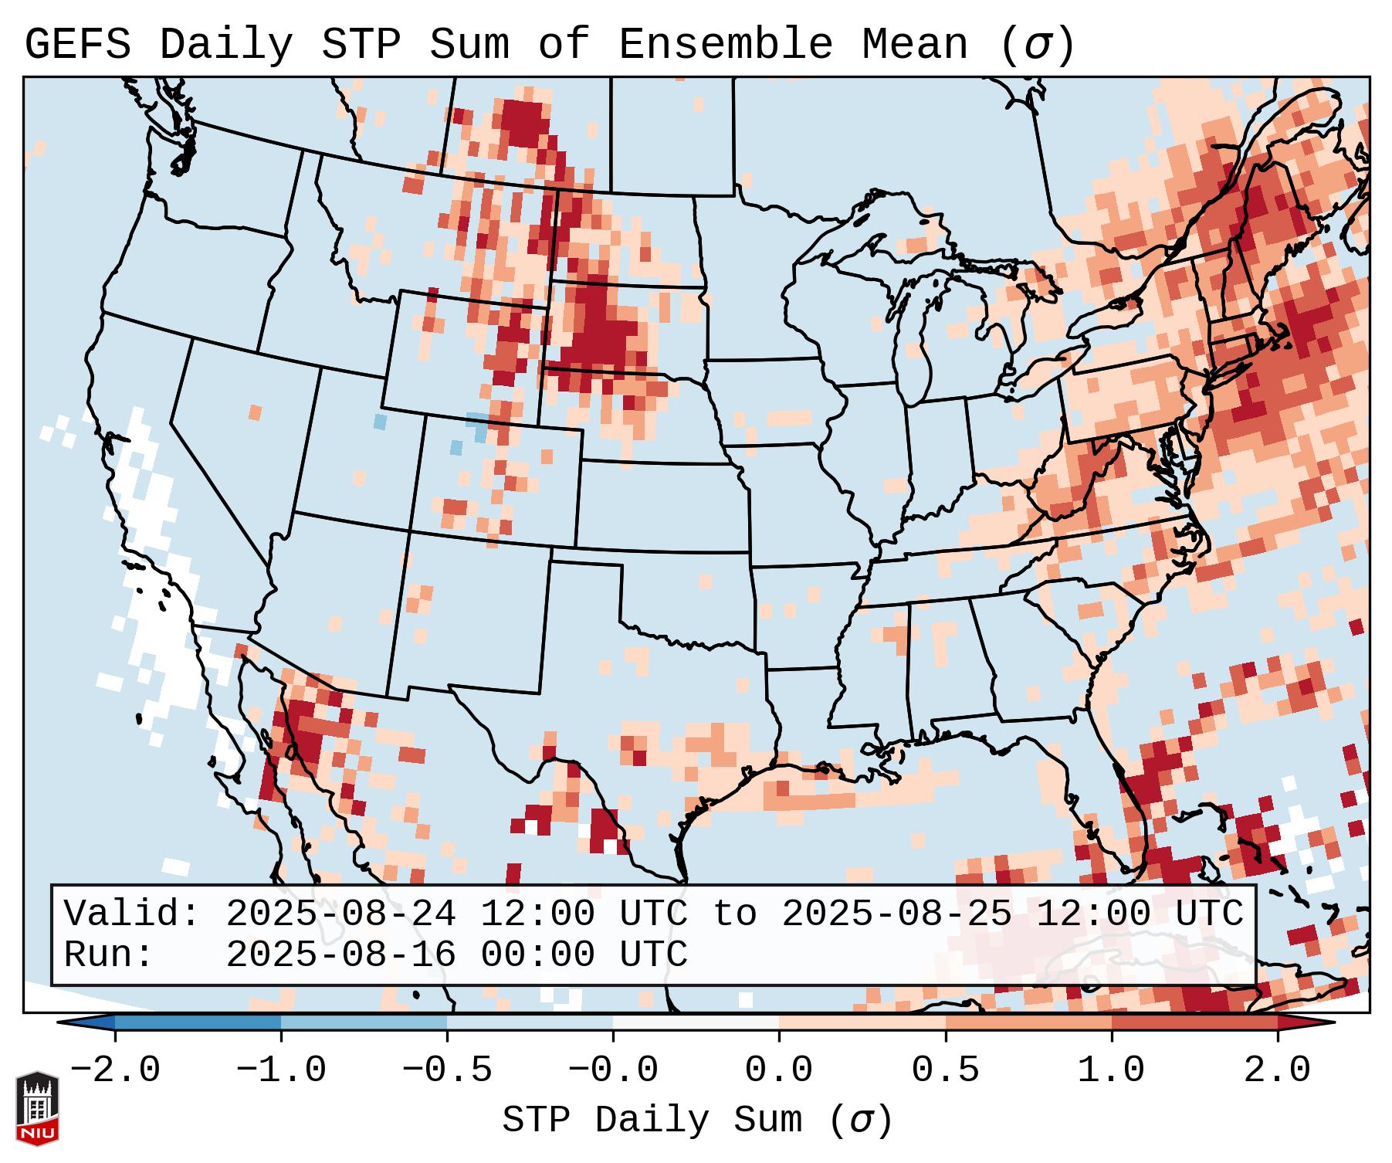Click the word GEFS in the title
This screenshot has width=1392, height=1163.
pyautogui.click(x=77, y=45)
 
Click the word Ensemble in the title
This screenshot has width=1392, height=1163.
pyautogui.click(x=725, y=45)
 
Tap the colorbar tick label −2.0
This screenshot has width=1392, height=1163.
pyautogui.click(x=115, y=1070)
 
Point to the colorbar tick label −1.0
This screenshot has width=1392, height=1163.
pyautogui.click(x=281, y=1070)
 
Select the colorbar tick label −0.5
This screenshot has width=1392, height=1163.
pyautogui.click(x=447, y=1070)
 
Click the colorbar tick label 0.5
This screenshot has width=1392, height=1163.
pyautogui.click(x=945, y=1070)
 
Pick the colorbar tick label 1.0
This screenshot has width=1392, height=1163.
pyautogui.click(x=1111, y=1070)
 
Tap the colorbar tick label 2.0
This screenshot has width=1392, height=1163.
pyautogui.click(x=1277, y=1070)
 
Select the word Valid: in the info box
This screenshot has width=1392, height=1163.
pyautogui.click(x=132, y=914)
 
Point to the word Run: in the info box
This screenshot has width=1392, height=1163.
pyautogui.click(x=109, y=954)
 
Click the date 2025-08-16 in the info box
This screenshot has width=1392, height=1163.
pyautogui.click(x=340, y=954)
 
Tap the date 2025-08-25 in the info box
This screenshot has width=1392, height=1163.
pyautogui.click(x=896, y=914)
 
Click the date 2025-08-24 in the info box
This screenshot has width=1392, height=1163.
pyautogui.click(x=340, y=914)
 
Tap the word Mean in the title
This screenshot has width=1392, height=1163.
pyautogui.click(x=914, y=45)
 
